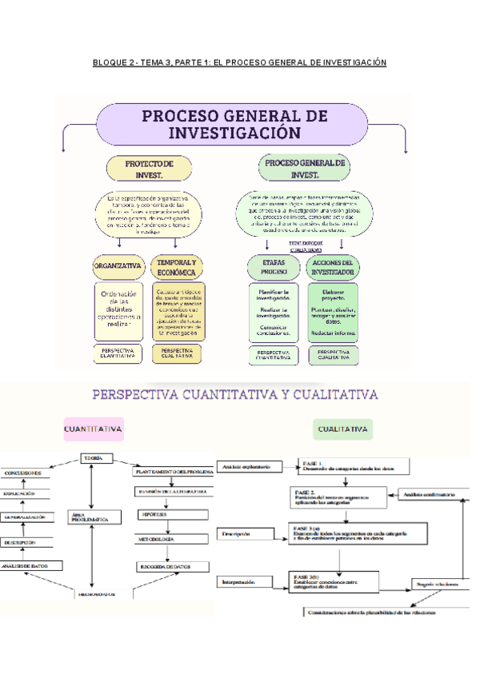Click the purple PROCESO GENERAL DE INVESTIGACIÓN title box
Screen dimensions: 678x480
[x=233, y=123]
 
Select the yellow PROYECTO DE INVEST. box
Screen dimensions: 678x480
[x=150, y=168]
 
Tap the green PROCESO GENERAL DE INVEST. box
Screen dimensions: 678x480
[x=305, y=168]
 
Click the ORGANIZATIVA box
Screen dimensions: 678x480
[x=118, y=266]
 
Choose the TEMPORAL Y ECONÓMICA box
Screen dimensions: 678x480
[x=178, y=267]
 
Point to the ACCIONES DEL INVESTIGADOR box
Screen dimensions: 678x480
[x=334, y=267]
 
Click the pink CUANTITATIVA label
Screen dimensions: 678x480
[x=93, y=429]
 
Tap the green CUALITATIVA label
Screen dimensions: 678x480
[x=343, y=429]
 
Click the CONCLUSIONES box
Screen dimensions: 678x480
[x=23, y=473]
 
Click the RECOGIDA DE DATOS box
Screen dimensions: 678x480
[x=163, y=566]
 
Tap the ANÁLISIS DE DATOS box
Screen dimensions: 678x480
[x=30, y=566]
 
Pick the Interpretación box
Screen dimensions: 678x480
[x=243, y=582]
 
